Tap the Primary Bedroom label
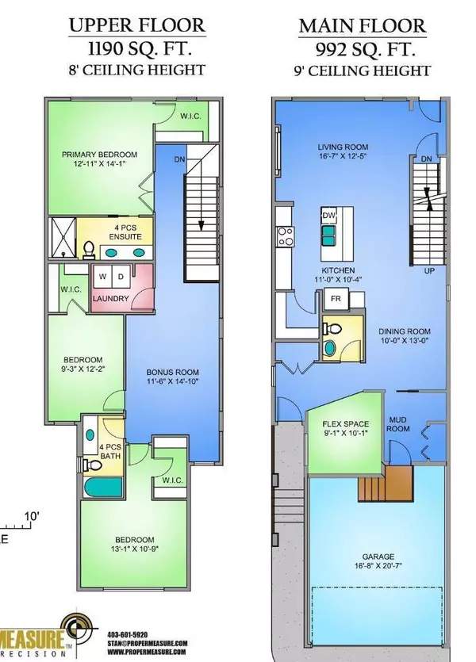pyautogui.click(x=101, y=154)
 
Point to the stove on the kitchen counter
pyautogui.click(x=286, y=235)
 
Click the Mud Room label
pyautogui.click(x=397, y=429)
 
